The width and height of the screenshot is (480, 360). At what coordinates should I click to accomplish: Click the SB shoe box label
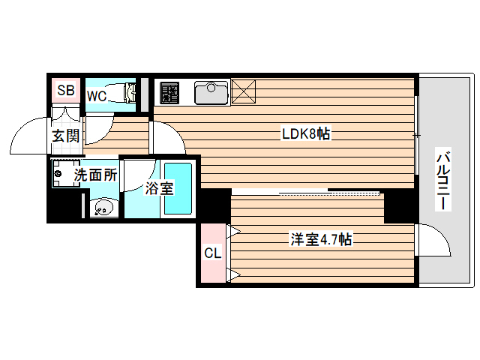[x=66, y=91]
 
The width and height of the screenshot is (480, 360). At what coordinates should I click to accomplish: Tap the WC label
[x=96, y=96]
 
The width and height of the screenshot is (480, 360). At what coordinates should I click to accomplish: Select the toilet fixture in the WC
[x=124, y=94]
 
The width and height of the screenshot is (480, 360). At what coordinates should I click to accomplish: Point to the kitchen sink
[x=211, y=92]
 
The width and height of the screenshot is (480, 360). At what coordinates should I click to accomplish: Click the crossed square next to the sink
[x=244, y=91]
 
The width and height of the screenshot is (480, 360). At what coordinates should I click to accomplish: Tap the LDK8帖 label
[x=306, y=134]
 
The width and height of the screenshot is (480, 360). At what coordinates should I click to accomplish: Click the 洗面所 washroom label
[x=94, y=175]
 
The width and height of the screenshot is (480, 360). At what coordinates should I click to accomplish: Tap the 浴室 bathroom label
[x=160, y=188]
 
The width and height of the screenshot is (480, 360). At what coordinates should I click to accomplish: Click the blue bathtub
[x=179, y=187]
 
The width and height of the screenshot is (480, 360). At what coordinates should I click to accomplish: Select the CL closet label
[x=213, y=253]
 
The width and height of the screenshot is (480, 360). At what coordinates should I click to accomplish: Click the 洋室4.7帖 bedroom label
[x=322, y=240]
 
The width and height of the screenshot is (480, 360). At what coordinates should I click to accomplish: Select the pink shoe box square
[x=66, y=91]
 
